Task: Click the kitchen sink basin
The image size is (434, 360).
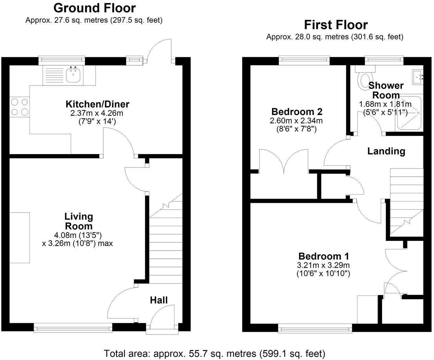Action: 73,75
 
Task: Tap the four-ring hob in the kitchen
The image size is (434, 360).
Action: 20,107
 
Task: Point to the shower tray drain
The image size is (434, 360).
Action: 418,112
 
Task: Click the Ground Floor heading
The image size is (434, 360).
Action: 94,8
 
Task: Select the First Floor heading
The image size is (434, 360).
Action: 335,25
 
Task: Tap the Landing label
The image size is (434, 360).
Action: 386,151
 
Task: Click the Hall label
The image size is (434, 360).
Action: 159,300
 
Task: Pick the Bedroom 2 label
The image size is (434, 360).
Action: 297,112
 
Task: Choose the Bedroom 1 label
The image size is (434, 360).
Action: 323,256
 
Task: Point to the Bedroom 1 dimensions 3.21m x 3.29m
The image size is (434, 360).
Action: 323,265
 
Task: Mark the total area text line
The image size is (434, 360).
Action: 214,353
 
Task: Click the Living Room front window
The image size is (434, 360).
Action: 73,328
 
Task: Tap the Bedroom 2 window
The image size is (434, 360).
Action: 304,60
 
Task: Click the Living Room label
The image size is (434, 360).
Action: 79,221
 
